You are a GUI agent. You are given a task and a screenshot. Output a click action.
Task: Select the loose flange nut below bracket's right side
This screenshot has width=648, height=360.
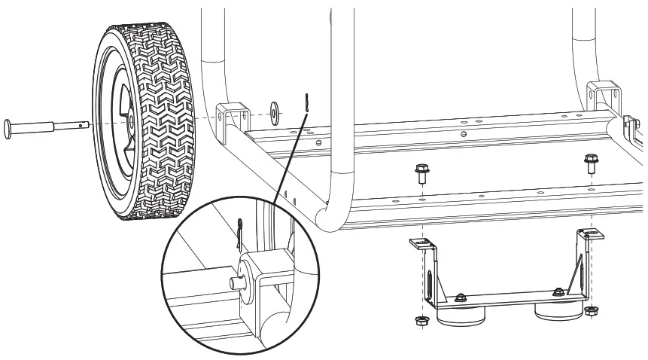591,310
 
